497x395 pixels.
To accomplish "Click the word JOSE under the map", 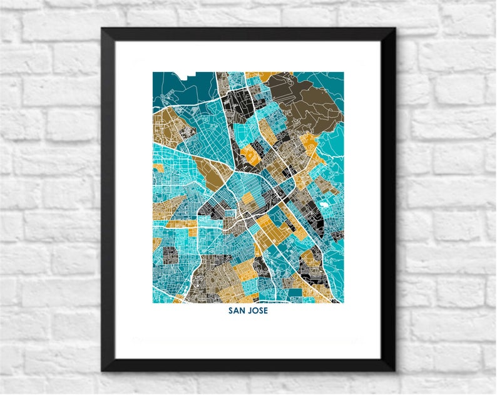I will tap(258, 311).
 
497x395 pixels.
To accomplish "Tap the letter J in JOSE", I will tap(250, 311).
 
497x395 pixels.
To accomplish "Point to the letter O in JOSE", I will tap(255, 311).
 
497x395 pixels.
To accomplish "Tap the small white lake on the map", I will tap(324, 204).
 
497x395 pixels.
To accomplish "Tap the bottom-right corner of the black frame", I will tap(394, 369).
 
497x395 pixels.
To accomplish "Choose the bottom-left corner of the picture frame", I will tap(104, 369).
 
